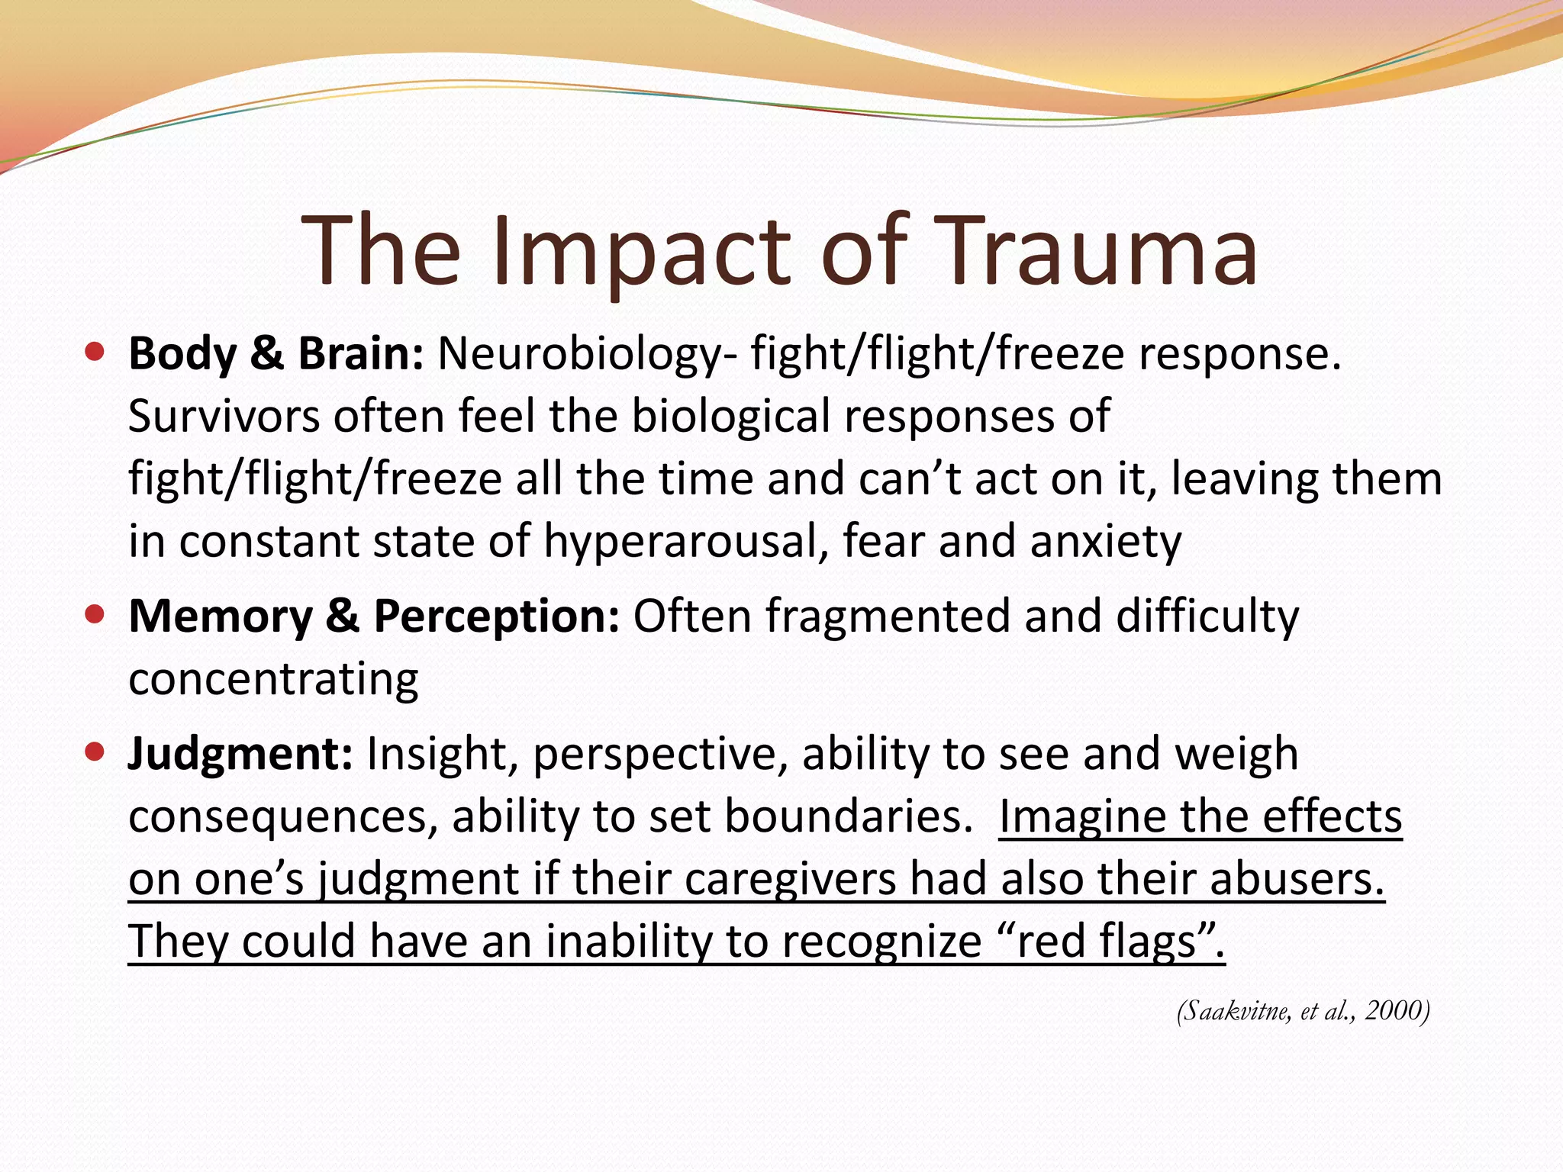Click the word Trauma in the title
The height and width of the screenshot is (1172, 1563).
click(x=1092, y=251)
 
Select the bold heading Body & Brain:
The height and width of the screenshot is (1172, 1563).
click(x=276, y=355)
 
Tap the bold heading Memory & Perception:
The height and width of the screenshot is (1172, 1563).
click(x=373, y=617)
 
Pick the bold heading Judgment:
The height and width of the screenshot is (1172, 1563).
click(x=240, y=755)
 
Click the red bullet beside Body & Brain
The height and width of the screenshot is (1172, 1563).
click(x=95, y=353)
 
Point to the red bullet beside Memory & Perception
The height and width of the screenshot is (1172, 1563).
click(x=95, y=614)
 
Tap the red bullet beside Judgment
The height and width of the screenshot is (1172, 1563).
click(x=95, y=753)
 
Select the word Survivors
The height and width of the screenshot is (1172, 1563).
click(x=224, y=417)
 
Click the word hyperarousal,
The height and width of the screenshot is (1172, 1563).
click(x=685, y=543)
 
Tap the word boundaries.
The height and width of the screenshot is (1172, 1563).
click(x=843, y=817)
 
